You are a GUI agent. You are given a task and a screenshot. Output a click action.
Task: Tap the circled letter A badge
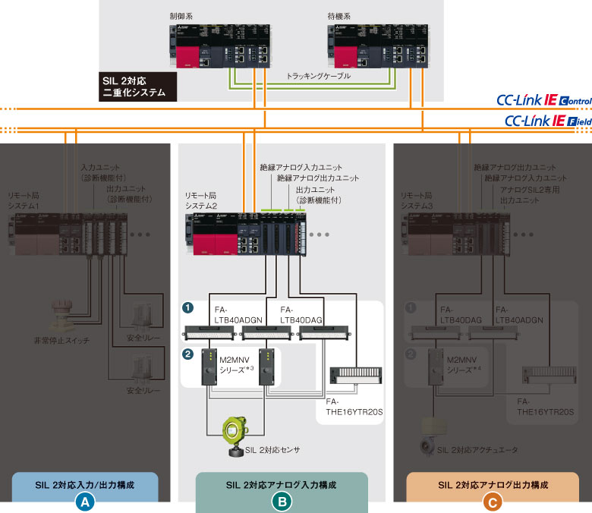[x=85, y=501]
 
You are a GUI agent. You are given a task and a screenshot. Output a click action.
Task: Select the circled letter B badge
[x=282, y=501]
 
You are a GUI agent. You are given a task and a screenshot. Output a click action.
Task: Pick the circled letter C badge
[x=493, y=501]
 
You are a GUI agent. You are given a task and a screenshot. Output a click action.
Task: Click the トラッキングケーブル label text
[x=319, y=77]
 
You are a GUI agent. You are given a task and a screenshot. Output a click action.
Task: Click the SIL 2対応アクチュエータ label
[x=477, y=450]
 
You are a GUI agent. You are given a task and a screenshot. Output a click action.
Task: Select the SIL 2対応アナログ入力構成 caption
[x=281, y=484]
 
